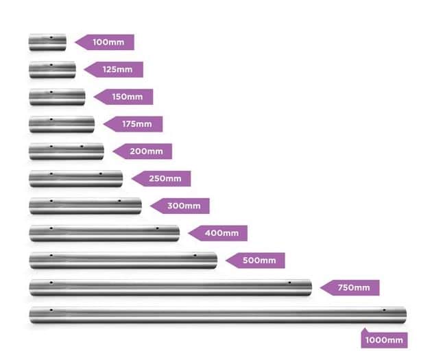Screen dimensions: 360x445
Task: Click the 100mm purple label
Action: [x=105, y=43]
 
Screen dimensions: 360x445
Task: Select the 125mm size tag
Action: [x=115, y=69]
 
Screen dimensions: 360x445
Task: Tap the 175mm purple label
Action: [x=134, y=124]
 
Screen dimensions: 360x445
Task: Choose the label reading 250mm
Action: [x=162, y=178]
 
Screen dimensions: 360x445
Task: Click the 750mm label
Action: [x=350, y=287]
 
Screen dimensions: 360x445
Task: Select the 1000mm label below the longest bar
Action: [x=384, y=339]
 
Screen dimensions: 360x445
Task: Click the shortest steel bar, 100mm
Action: [x=47, y=43]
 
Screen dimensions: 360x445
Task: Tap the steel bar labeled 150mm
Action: [x=57, y=97]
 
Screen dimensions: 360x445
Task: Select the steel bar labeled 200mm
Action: [x=67, y=151]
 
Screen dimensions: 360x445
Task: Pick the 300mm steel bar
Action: [x=85, y=206]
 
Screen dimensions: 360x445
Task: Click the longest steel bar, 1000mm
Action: [x=217, y=315]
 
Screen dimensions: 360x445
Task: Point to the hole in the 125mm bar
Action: [x=51, y=66]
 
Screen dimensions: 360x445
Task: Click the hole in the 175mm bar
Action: [x=51, y=120]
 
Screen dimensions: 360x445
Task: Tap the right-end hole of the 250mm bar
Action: [x=100, y=174]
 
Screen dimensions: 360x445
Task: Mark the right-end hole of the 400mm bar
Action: [x=157, y=228]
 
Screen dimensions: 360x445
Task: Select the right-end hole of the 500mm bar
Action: [x=195, y=256]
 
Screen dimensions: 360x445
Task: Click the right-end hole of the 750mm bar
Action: [x=289, y=283]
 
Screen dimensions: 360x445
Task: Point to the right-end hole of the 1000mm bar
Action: [x=385, y=310]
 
